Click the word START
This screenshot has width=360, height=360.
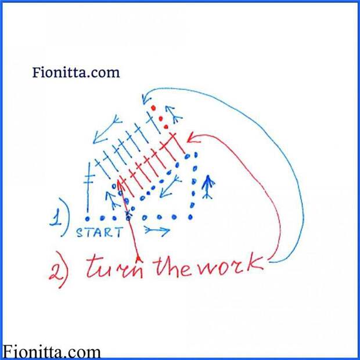pos(99,232)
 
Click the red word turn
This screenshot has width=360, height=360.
pos(114,267)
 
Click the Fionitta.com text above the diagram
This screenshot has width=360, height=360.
pos(76,73)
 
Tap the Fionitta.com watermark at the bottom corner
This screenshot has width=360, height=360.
pos(52,352)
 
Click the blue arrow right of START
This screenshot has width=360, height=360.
pos(157,230)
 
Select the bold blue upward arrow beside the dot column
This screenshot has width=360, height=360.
pos(208,186)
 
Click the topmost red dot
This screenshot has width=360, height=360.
pos(153,108)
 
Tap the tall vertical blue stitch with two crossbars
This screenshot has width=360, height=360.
pos(88,187)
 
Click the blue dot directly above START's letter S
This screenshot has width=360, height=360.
pos(87,219)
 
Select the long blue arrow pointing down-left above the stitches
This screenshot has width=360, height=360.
pos(107,129)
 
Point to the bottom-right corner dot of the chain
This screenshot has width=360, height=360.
pos(190,217)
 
